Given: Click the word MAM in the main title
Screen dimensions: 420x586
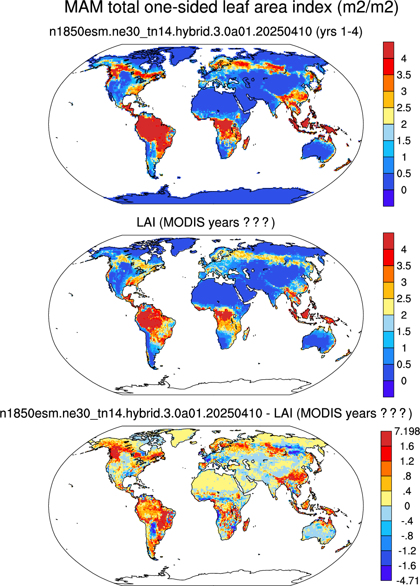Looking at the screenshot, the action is [x=83, y=7].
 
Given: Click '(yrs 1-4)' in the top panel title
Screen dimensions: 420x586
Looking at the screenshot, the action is [x=339, y=32].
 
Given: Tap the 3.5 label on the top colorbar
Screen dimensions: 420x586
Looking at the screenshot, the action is [x=404, y=75].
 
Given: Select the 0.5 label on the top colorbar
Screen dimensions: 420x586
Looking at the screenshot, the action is [x=404, y=173].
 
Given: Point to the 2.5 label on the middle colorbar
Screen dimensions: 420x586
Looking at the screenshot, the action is [x=404, y=298].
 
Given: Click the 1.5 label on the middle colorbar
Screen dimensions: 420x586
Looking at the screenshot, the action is [x=404, y=331].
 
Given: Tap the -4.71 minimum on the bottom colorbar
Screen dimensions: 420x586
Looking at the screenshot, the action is [x=408, y=581].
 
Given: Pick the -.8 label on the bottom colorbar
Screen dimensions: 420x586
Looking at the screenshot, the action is [x=407, y=536].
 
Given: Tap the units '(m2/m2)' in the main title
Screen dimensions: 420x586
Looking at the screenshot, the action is [x=368, y=7].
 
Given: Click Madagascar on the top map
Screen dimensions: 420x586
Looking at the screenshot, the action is [x=246, y=143].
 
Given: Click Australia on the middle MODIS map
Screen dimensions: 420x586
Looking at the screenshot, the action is [x=319, y=339].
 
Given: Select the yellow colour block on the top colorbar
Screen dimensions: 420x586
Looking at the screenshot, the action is [x=388, y=116].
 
